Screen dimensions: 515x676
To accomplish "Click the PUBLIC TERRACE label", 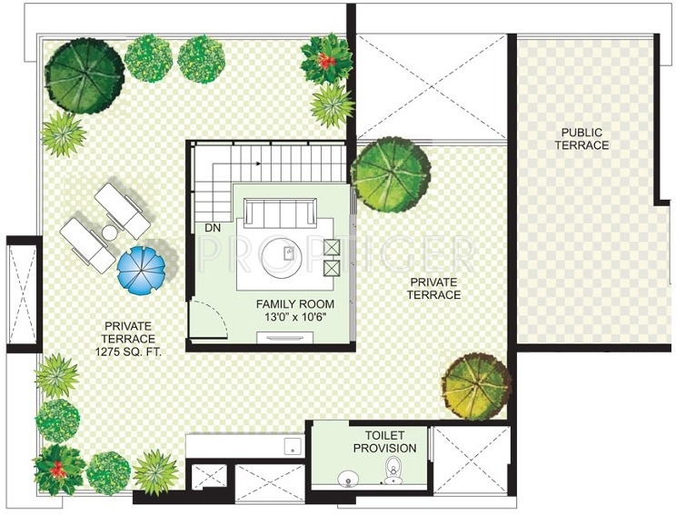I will [584, 138].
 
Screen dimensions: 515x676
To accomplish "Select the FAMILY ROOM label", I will [294, 304].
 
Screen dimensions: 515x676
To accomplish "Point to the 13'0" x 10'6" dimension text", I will [294, 318].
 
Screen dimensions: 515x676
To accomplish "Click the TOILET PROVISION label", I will [384, 442].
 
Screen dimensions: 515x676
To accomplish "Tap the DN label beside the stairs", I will [213, 227].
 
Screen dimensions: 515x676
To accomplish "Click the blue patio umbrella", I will [141, 265].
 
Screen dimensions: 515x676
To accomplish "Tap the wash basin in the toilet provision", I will [346, 479].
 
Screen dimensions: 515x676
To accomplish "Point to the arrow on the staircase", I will [261, 164].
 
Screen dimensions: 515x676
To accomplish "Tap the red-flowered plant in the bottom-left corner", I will [60, 469].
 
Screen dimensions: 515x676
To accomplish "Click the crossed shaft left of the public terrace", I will [432, 87].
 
